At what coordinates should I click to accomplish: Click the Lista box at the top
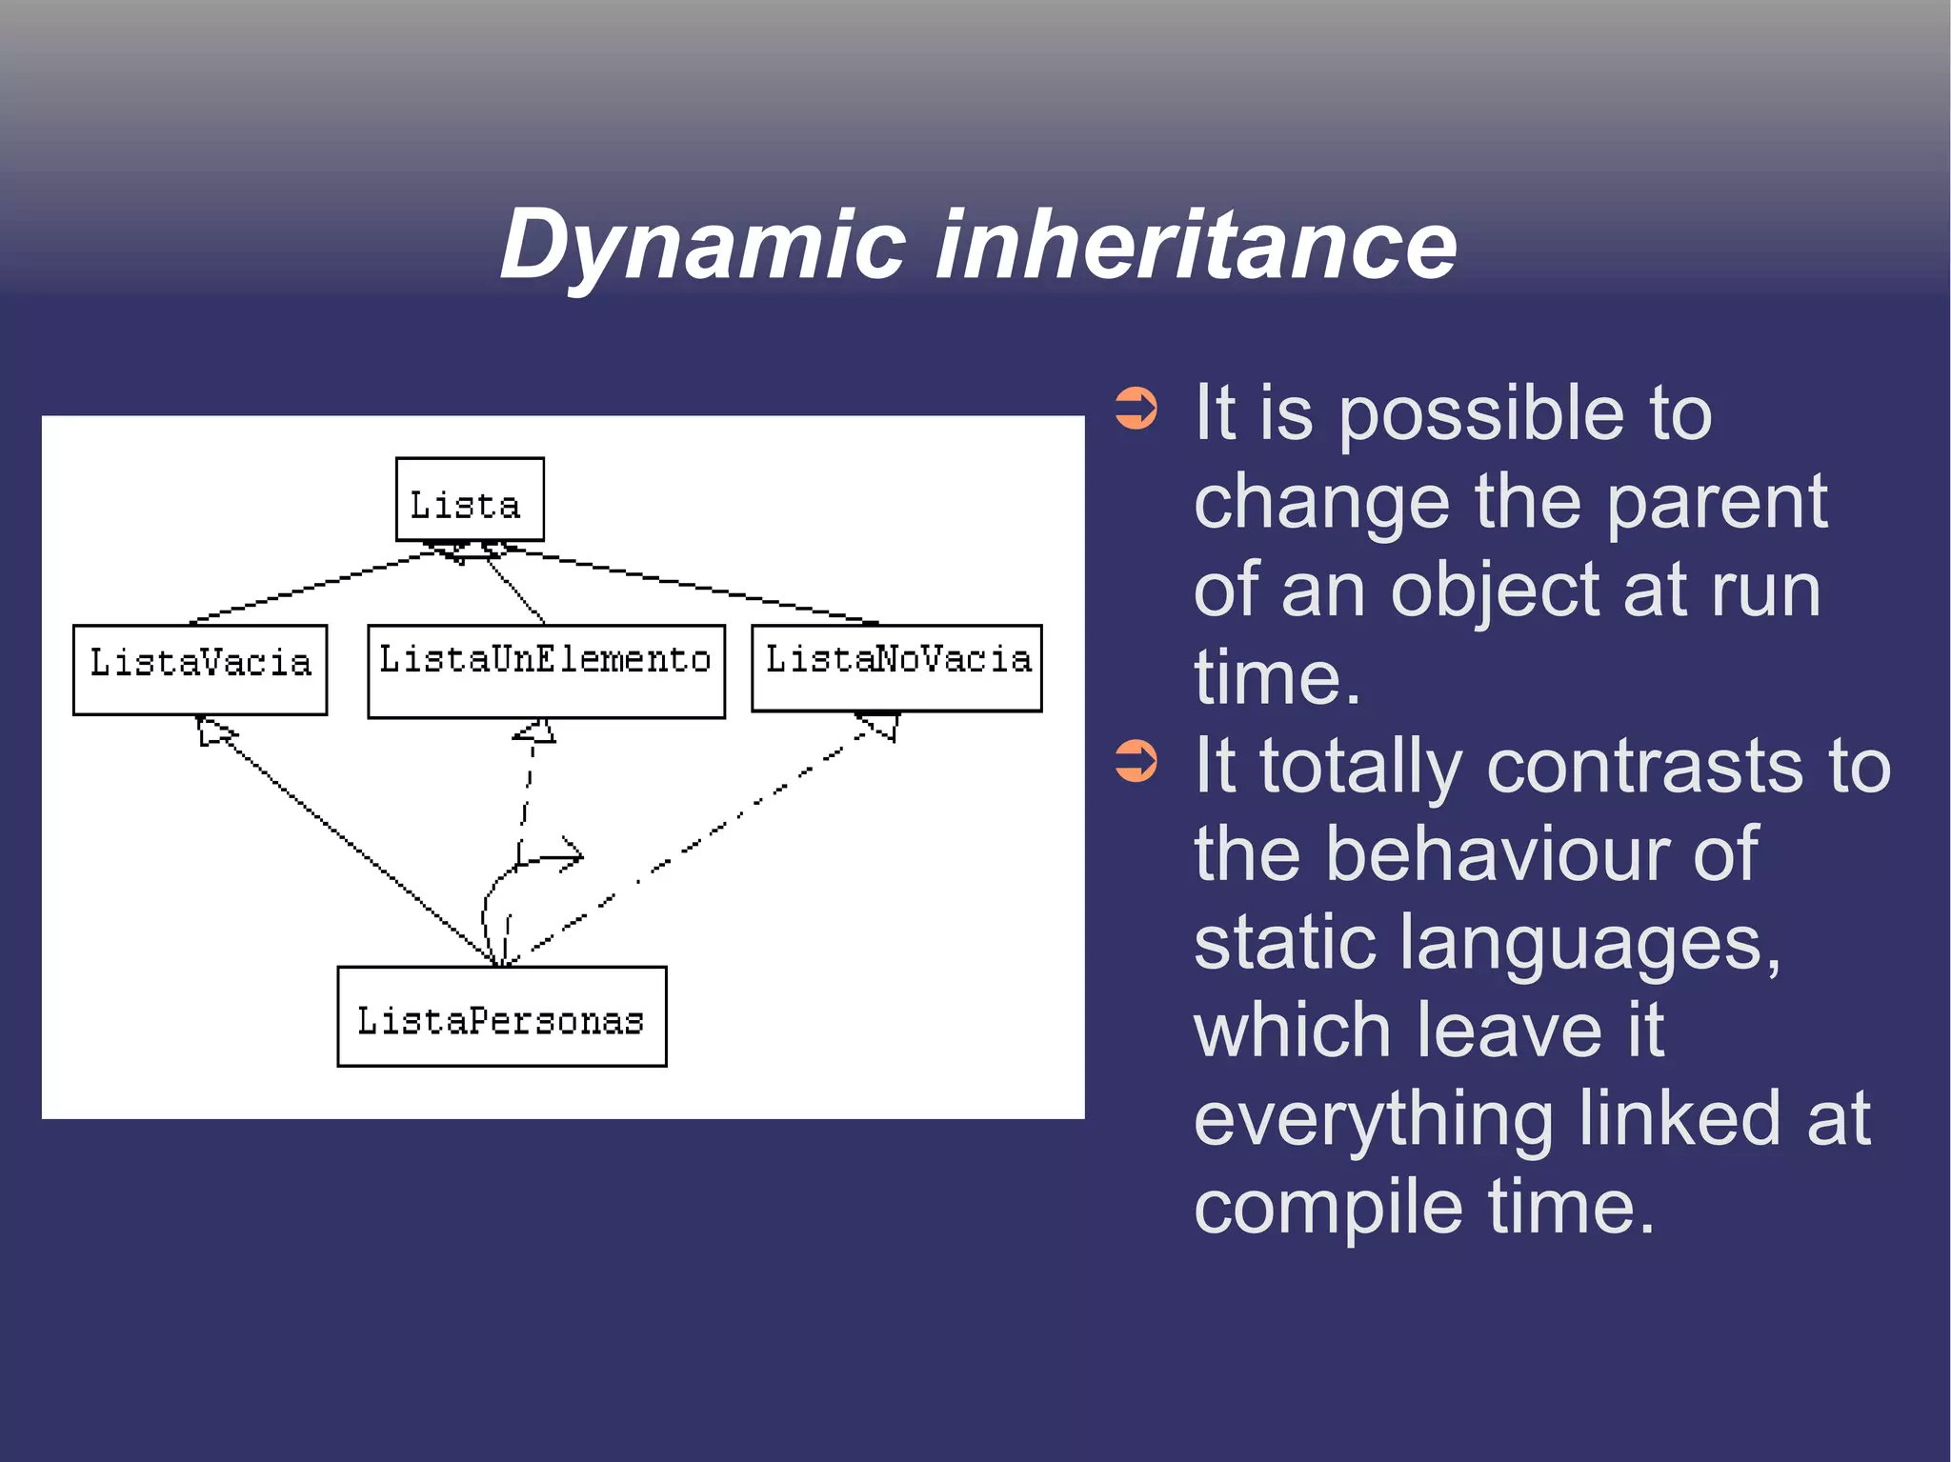(x=470, y=500)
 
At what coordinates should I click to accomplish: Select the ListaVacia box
(x=200, y=670)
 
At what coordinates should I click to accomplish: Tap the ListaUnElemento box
(x=546, y=671)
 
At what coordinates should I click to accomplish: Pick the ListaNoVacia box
(x=896, y=668)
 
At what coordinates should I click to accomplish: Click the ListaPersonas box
(x=502, y=1016)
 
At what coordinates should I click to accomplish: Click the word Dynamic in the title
(x=702, y=246)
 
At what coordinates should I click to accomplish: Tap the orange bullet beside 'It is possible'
(x=1136, y=409)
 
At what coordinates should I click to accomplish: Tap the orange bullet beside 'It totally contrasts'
(x=1136, y=761)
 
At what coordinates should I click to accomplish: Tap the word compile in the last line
(x=1328, y=1207)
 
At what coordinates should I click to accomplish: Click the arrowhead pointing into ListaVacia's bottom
(x=213, y=731)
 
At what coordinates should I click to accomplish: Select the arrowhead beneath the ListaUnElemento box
(x=536, y=731)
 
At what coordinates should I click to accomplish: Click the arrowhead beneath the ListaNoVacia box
(x=880, y=725)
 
